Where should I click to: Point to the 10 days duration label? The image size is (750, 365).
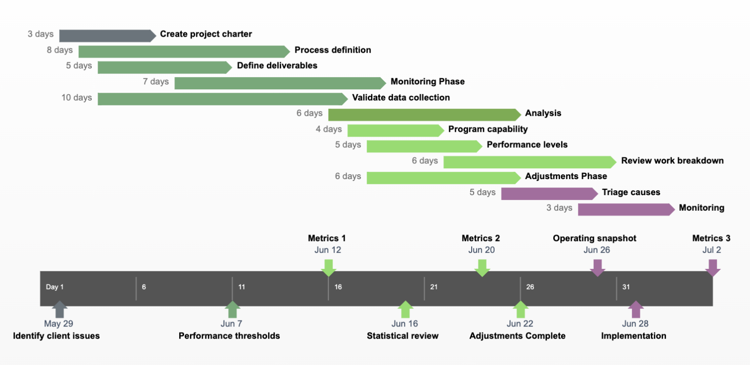point(77,98)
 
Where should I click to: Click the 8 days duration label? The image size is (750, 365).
point(60,50)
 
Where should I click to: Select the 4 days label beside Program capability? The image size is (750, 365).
point(329,129)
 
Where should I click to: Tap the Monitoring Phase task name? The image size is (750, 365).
point(427,81)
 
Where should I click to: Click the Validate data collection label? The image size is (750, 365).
point(400,98)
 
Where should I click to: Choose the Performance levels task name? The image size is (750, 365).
point(527,145)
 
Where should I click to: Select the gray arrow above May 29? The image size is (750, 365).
point(59,309)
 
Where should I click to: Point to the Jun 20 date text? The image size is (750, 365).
point(481,250)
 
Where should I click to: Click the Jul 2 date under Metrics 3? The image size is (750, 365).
point(711,250)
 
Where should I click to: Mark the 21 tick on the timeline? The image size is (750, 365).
point(434,287)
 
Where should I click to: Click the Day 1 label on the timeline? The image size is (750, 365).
point(55,287)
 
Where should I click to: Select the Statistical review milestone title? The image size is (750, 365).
point(402,336)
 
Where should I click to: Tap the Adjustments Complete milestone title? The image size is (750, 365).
point(517,336)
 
